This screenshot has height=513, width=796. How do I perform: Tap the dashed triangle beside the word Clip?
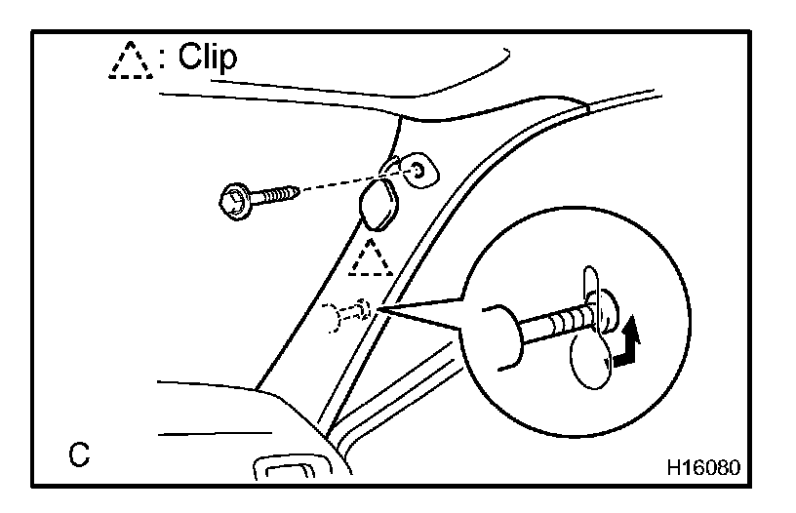(130, 61)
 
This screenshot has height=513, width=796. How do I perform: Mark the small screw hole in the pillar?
(418, 171)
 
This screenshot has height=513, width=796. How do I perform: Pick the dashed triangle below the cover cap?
(370, 257)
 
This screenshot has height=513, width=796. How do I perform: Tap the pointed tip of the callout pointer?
(382, 310)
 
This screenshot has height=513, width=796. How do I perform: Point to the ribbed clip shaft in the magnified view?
(557, 321)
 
